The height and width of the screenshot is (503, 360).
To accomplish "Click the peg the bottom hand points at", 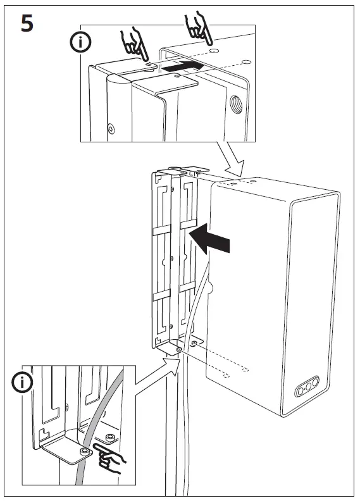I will coord(84,450).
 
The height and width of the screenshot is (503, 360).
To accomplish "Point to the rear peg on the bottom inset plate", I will coord(111,437).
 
